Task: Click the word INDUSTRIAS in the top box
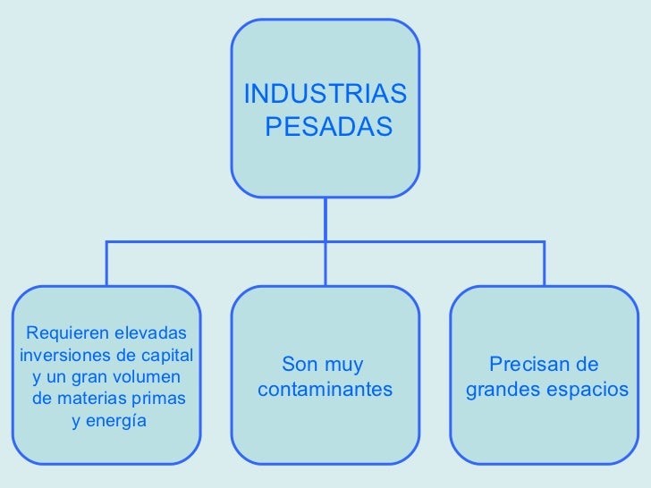tap(324, 94)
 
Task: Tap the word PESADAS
tap(329, 128)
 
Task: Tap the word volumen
tap(146, 376)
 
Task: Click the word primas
tap(159, 398)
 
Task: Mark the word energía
tap(117, 420)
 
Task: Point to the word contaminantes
tap(325, 391)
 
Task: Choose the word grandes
tap(501, 391)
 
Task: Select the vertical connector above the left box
tap(106, 263)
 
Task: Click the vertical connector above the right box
tap(544, 263)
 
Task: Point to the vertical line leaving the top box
tap(325, 218)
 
